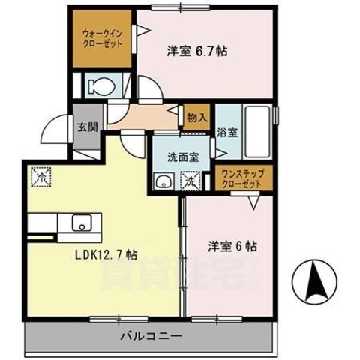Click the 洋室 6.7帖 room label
(196, 52)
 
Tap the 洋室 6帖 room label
(232, 245)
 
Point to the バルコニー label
(148, 335)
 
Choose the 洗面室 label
(181, 157)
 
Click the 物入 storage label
(196, 117)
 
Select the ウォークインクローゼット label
(102, 39)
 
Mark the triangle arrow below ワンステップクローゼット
(253, 201)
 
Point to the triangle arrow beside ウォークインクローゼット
(140, 31)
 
